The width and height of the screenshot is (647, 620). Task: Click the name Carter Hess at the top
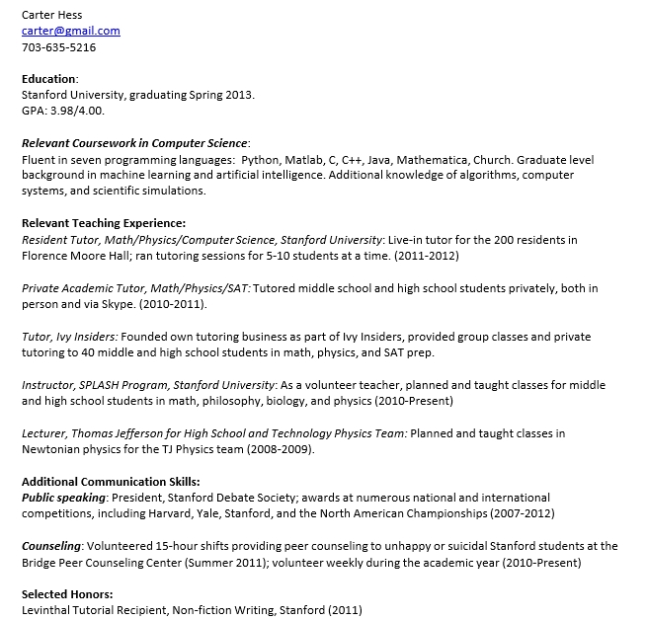click(x=51, y=15)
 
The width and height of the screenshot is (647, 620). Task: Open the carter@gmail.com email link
click(x=70, y=31)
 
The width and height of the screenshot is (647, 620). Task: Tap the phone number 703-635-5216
click(x=58, y=46)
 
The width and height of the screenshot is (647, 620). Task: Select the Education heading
click(x=48, y=79)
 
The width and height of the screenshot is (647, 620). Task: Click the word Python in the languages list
click(x=261, y=159)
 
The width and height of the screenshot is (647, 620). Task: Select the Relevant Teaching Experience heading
click(x=104, y=223)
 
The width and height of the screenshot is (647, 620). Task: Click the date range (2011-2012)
click(x=426, y=255)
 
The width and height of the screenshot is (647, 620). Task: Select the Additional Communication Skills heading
click(x=110, y=481)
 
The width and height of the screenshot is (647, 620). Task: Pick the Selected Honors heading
click(x=67, y=593)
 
